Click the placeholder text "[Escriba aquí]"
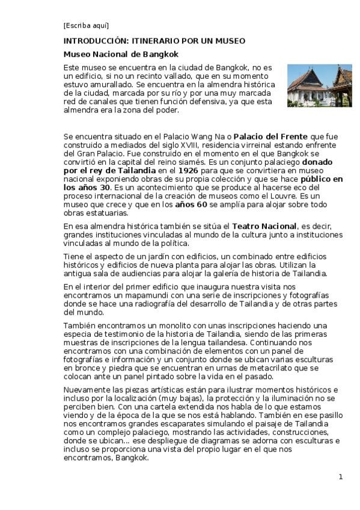[86, 25]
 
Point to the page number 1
[340, 477]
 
